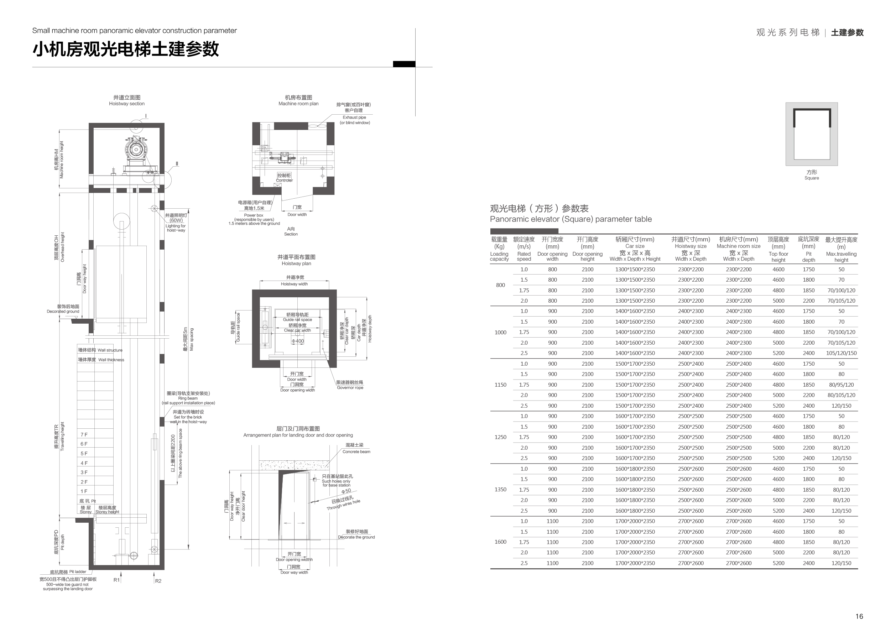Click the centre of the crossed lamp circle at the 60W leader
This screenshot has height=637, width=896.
[155, 208]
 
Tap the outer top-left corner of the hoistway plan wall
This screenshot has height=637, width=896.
[252, 289]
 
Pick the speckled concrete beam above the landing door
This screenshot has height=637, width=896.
[294, 465]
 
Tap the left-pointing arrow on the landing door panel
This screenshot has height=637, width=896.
[287, 523]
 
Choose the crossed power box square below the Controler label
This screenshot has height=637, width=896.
[278, 185]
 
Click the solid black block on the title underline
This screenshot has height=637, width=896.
[404, 64]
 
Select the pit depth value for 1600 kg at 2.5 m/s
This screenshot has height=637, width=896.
[808, 563]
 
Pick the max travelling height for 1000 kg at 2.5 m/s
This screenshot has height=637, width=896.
[841, 353]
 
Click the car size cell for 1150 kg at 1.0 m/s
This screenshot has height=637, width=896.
[635, 364]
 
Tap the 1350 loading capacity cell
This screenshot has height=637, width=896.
[500, 490]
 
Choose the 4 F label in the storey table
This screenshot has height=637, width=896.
[84, 463]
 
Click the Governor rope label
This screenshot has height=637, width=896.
[350, 387]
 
